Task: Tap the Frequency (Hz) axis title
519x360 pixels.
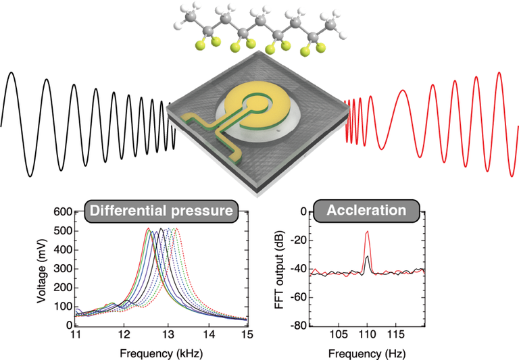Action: pos(366,352)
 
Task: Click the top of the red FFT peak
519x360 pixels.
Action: pos(367,232)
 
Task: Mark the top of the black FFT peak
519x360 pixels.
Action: pos(367,257)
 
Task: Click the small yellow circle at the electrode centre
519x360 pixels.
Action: pos(256,103)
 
